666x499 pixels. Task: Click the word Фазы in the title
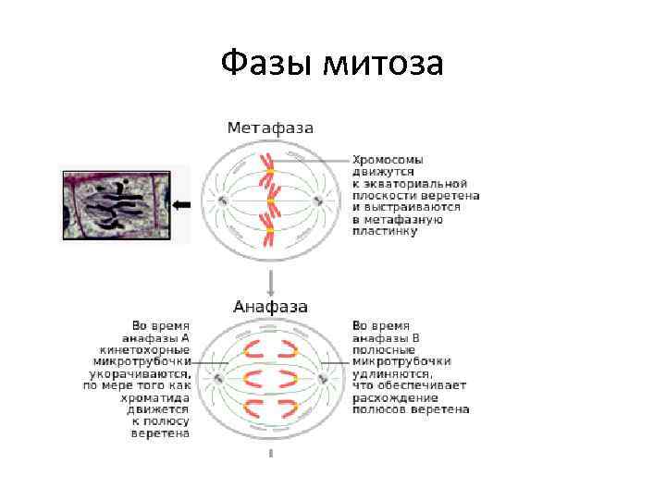(x=267, y=64)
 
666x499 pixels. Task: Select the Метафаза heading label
(x=270, y=128)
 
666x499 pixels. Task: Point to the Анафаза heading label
(x=270, y=306)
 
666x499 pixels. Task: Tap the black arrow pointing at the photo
(x=181, y=203)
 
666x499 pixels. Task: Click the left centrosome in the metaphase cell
(x=223, y=201)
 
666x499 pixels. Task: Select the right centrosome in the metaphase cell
(x=318, y=201)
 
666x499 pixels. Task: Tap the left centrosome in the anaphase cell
(x=220, y=378)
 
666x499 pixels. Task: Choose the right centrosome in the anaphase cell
(x=321, y=378)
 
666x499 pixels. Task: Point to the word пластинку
(x=385, y=231)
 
